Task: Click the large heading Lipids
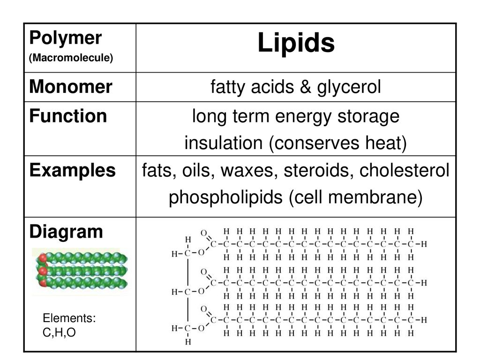296,43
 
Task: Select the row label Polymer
66,38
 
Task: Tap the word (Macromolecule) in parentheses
71,58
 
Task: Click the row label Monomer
71,87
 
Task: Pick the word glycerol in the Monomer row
349,87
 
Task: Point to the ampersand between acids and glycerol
306,87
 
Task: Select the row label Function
68,116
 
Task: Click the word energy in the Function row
303,117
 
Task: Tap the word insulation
224,143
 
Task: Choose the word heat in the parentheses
386,143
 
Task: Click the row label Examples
73,171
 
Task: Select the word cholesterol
405,170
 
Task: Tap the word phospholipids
225,198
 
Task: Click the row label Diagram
66,232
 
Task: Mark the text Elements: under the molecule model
69,318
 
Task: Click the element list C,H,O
59,332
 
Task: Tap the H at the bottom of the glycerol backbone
188,342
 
